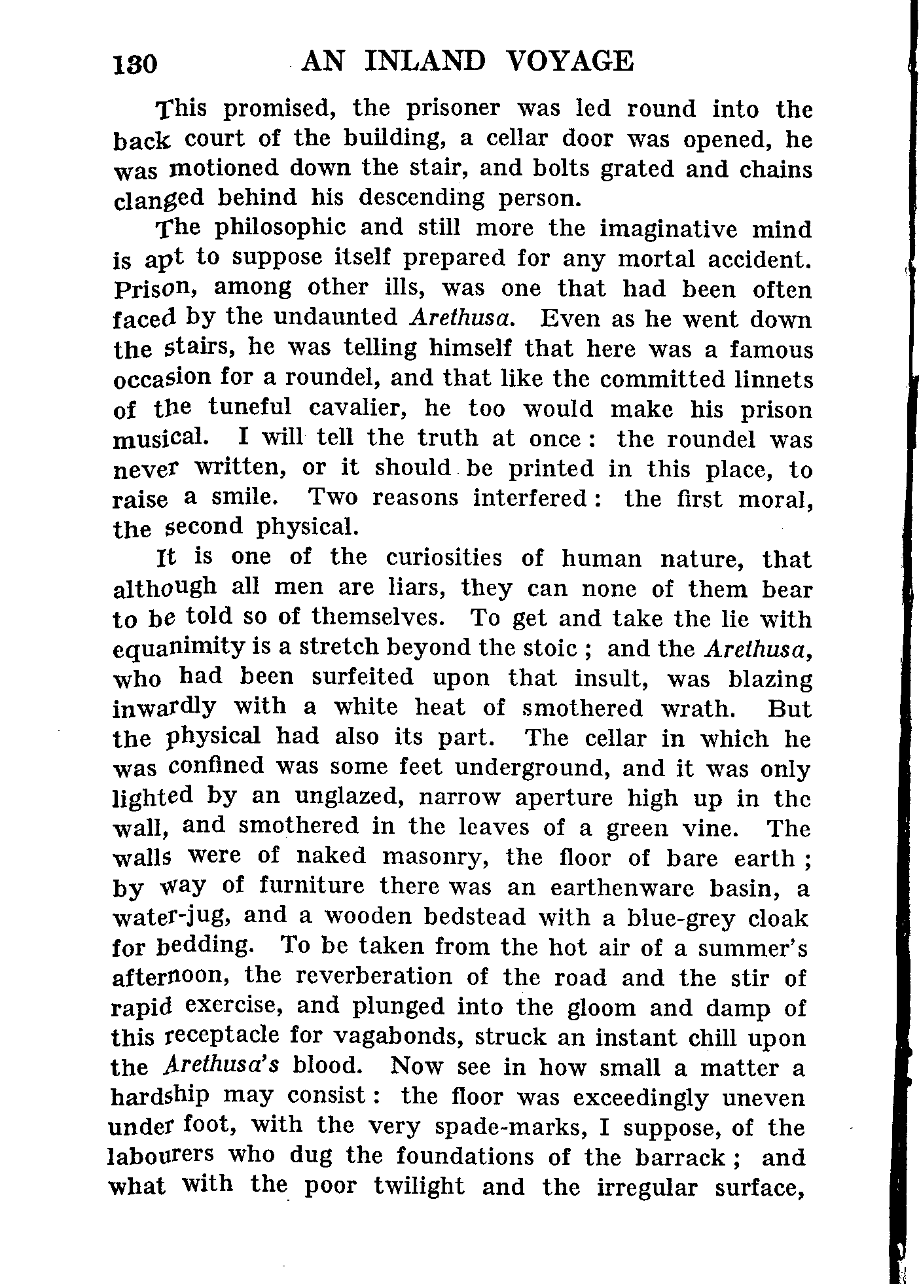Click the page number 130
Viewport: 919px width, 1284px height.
tap(135, 64)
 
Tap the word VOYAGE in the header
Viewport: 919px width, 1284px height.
tap(570, 61)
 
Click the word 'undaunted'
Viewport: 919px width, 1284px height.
tap(336, 318)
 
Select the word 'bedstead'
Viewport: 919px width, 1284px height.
tap(475, 918)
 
